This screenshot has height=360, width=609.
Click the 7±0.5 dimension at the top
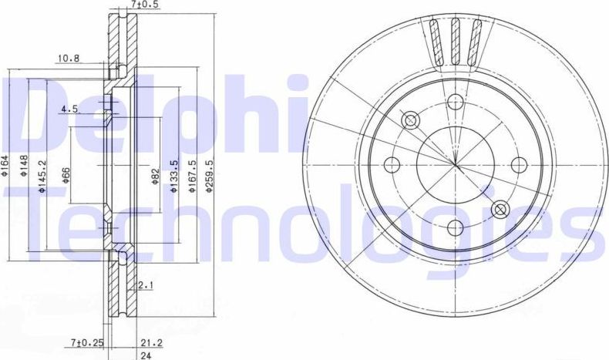pos(143,5)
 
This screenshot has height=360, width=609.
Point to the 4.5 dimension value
pos(70,109)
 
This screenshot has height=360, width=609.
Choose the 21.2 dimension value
pos(144,341)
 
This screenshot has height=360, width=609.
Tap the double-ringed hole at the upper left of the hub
pos(410,119)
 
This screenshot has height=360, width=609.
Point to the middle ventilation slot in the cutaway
pos(456,40)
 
